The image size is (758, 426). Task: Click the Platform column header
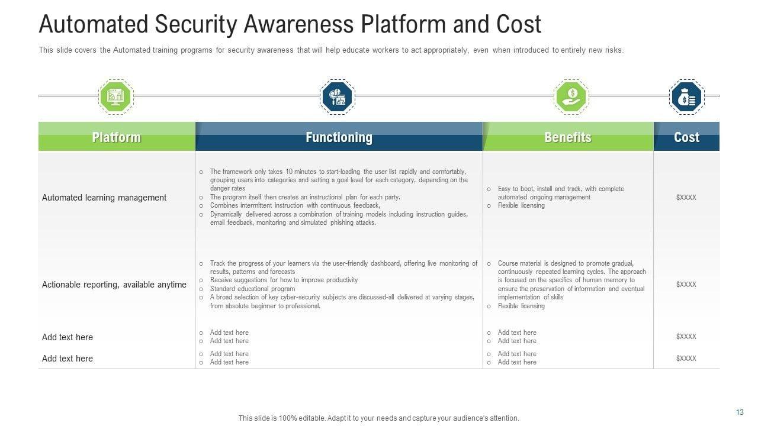(x=117, y=137)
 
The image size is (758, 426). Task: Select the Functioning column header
(x=339, y=137)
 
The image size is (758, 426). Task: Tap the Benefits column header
(x=568, y=137)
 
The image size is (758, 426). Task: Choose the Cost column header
(x=686, y=137)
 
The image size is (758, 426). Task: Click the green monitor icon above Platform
(x=115, y=96)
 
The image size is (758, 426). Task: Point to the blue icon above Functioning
(x=337, y=96)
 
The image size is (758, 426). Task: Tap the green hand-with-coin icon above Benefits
(x=571, y=96)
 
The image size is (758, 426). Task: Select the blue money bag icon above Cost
(x=686, y=96)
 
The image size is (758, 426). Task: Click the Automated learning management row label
(x=104, y=198)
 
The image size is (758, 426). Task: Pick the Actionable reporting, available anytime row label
(x=114, y=285)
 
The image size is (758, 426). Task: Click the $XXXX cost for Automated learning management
(x=686, y=198)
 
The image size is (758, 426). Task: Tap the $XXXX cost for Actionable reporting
(x=686, y=285)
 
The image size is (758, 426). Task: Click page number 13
(x=740, y=412)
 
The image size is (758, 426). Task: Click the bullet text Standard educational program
(x=252, y=289)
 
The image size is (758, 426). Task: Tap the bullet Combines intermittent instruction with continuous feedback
(x=295, y=205)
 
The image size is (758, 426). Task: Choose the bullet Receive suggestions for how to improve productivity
(x=284, y=280)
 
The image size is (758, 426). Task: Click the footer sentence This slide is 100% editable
(x=378, y=418)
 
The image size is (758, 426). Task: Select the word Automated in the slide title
(x=93, y=25)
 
